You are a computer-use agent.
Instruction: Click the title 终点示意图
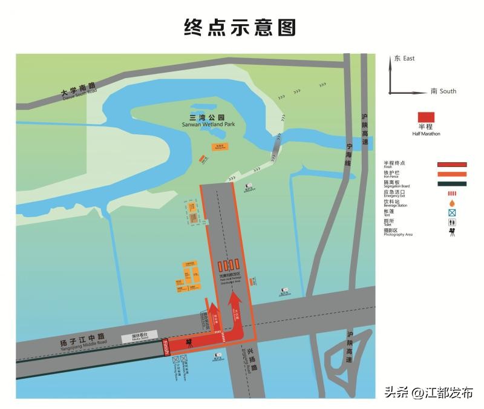[240, 27]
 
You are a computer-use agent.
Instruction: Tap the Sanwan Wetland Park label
[208, 120]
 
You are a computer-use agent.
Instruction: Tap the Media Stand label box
[140, 336]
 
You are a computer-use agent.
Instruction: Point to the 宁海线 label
[348, 154]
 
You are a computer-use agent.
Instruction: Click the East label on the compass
[405, 59]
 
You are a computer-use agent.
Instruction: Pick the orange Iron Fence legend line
[452, 175]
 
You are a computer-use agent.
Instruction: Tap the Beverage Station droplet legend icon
[452, 203]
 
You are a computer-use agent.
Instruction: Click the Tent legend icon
[452, 212]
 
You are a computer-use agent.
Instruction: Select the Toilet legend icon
[452, 222]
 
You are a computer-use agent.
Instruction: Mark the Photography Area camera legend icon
[452, 232]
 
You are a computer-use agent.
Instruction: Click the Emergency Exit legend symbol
[452, 194]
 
